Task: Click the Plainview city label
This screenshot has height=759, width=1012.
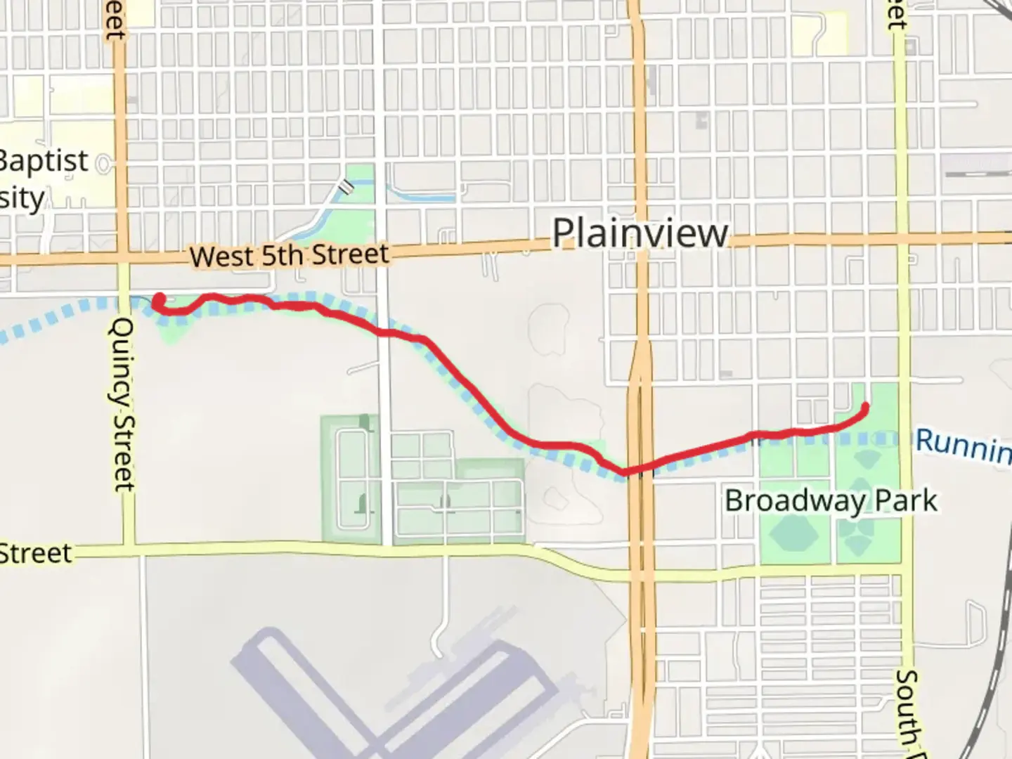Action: coord(640,233)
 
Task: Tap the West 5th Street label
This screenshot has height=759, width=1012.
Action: coord(289,255)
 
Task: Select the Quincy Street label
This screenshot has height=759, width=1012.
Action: coord(124,404)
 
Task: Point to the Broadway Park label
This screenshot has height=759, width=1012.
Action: coord(831,501)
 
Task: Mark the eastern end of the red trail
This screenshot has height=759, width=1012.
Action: coord(864,407)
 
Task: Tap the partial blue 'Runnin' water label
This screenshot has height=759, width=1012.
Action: coord(963,445)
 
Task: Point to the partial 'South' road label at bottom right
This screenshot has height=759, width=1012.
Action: coord(907,710)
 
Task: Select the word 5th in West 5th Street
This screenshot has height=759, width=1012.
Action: coord(281,256)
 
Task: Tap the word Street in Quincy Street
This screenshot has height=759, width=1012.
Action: coord(124,450)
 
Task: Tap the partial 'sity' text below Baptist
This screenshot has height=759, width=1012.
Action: coord(22,199)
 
